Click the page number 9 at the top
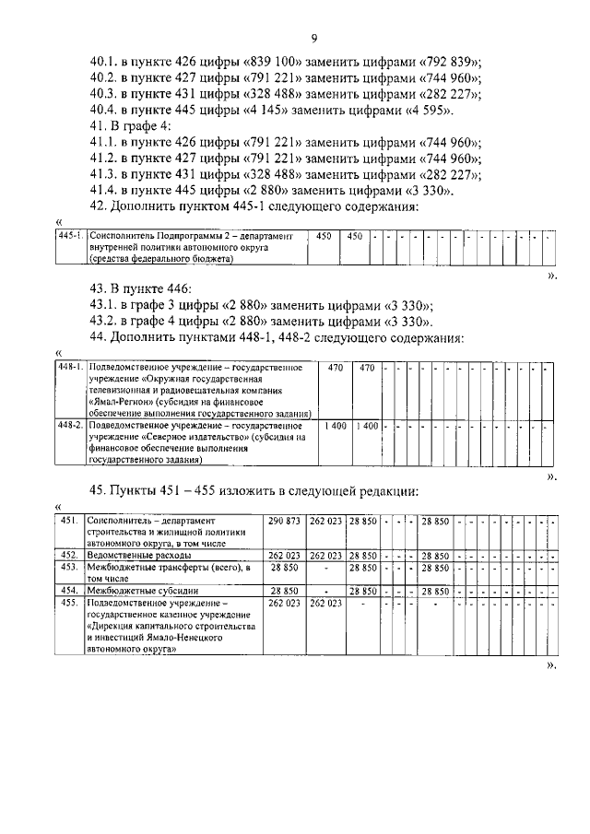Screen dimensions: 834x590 click(x=314, y=38)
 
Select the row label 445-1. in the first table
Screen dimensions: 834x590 click(x=70, y=237)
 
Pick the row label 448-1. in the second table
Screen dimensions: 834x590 click(x=71, y=368)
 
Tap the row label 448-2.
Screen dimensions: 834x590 click(x=71, y=426)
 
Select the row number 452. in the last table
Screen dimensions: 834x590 click(x=69, y=556)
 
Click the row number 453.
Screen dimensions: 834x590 click(x=69, y=568)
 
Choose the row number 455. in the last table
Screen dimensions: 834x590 click(x=69, y=603)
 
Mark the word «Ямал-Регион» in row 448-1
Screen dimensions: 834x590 click(x=123, y=402)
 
